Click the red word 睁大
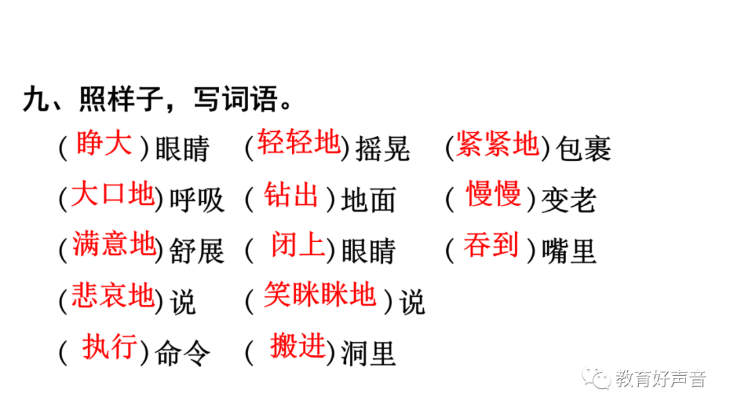104,145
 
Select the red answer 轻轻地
299,143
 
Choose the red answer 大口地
114,195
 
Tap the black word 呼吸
196,200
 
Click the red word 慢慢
493,195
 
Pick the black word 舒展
196,251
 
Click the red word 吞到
491,245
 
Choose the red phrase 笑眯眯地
319,295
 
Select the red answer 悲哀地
114,296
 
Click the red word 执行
110,347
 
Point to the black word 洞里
368,352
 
